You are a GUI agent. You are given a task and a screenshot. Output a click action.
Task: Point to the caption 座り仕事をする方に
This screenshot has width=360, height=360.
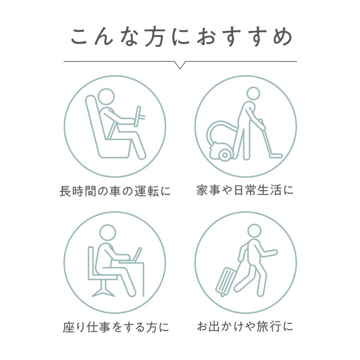pos(116,328)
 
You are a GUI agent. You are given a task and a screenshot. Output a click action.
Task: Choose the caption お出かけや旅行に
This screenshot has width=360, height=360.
pos(245,326)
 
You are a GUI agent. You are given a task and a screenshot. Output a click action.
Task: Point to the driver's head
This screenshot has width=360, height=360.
pos(107,96)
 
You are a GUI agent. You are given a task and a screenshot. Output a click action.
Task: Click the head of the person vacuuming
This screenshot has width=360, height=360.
pos(253,94)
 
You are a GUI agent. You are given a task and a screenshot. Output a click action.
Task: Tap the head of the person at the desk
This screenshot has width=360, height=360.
pos(107,232)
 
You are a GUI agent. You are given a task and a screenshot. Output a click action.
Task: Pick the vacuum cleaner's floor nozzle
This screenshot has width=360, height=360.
pos(275,156)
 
